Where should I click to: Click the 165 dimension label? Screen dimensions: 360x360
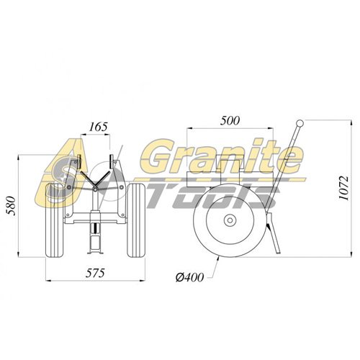click(x=99, y=127)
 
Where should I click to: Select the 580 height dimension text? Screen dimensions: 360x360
click(x=12, y=206)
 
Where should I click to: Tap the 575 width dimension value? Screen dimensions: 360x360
click(x=95, y=273)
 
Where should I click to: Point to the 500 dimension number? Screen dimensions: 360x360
click(x=230, y=120)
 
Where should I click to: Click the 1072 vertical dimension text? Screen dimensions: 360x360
click(x=343, y=188)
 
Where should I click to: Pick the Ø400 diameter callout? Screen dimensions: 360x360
click(x=189, y=277)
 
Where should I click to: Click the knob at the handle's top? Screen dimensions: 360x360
click(x=300, y=123)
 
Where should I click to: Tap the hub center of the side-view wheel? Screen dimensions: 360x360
click(x=230, y=220)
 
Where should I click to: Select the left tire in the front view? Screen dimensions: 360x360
click(x=55, y=220)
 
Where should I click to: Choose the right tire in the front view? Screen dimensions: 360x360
click(x=136, y=220)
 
